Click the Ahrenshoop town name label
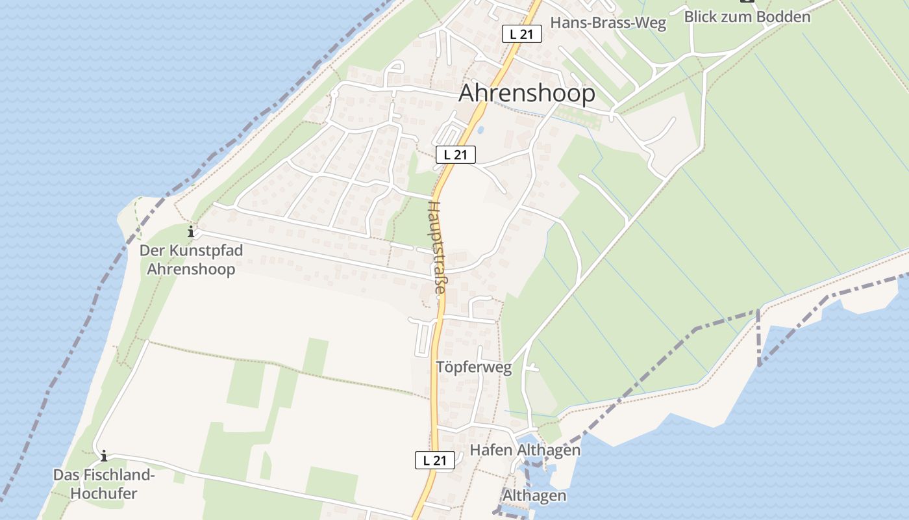[527, 94]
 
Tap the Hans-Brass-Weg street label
[608, 23]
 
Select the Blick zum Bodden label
[747, 17]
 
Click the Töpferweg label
[474, 368]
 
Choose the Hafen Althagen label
[525, 450]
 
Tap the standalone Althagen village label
[534, 496]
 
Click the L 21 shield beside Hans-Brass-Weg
[521, 34]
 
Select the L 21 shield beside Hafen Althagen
[434, 460]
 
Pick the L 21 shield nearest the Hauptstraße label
[456, 155]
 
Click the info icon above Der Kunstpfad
[191, 231]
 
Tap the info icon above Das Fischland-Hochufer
[103, 456]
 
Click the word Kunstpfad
[200, 250]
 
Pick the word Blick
[701, 17]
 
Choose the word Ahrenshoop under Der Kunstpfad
[191, 269]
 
